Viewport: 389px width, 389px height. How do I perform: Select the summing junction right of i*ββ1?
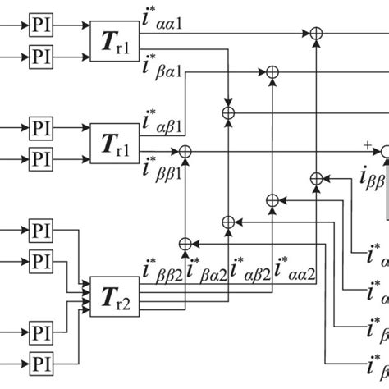tap(185, 151)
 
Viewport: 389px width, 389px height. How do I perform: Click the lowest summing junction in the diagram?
tap(185, 243)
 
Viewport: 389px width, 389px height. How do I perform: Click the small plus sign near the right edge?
tap(366, 144)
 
